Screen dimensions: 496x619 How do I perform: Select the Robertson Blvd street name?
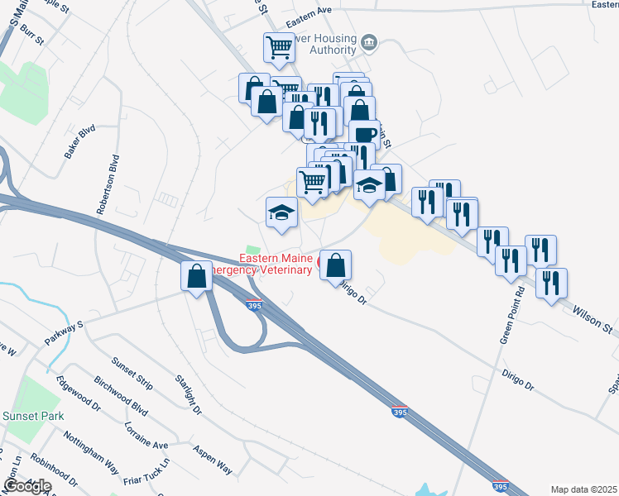(108, 184)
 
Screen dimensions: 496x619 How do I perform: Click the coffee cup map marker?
(363, 133)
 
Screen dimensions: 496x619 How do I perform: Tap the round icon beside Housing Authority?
(370, 42)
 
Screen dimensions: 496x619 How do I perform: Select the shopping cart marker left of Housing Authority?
(279, 46)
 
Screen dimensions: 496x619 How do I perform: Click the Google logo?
(27, 486)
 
